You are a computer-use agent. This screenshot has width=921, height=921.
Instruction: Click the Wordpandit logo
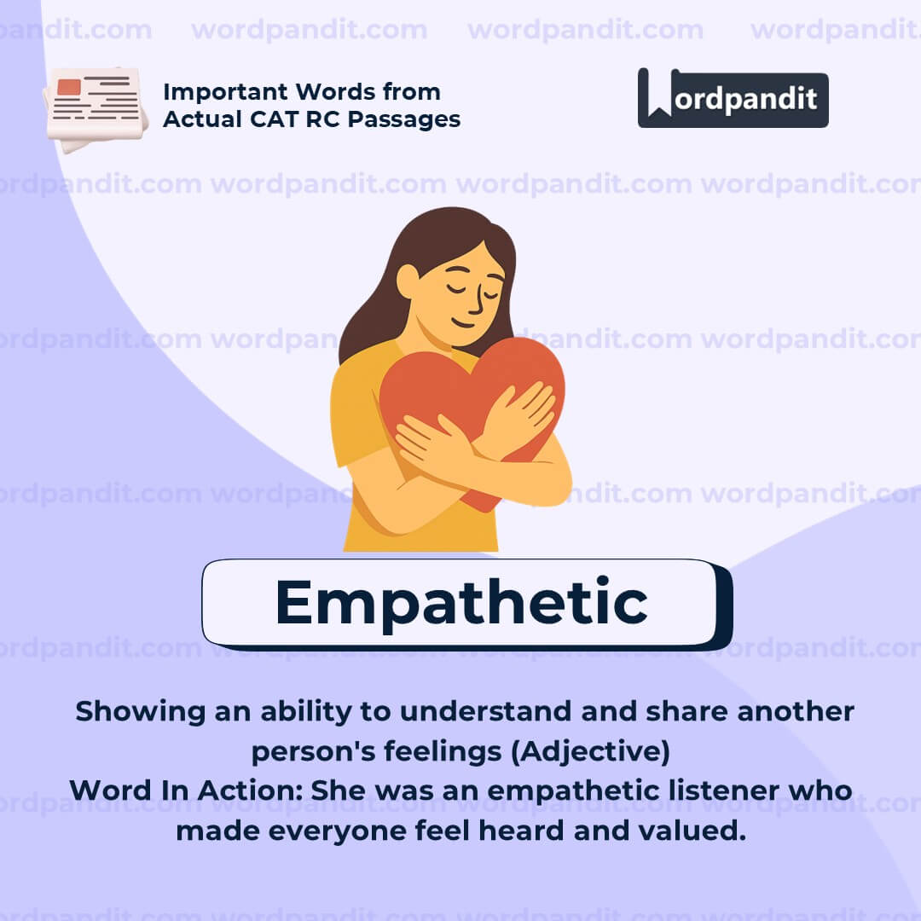[733, 98]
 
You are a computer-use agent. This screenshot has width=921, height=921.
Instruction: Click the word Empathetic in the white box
[460, 603]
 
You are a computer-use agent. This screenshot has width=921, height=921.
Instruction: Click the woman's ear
[408, 281]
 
